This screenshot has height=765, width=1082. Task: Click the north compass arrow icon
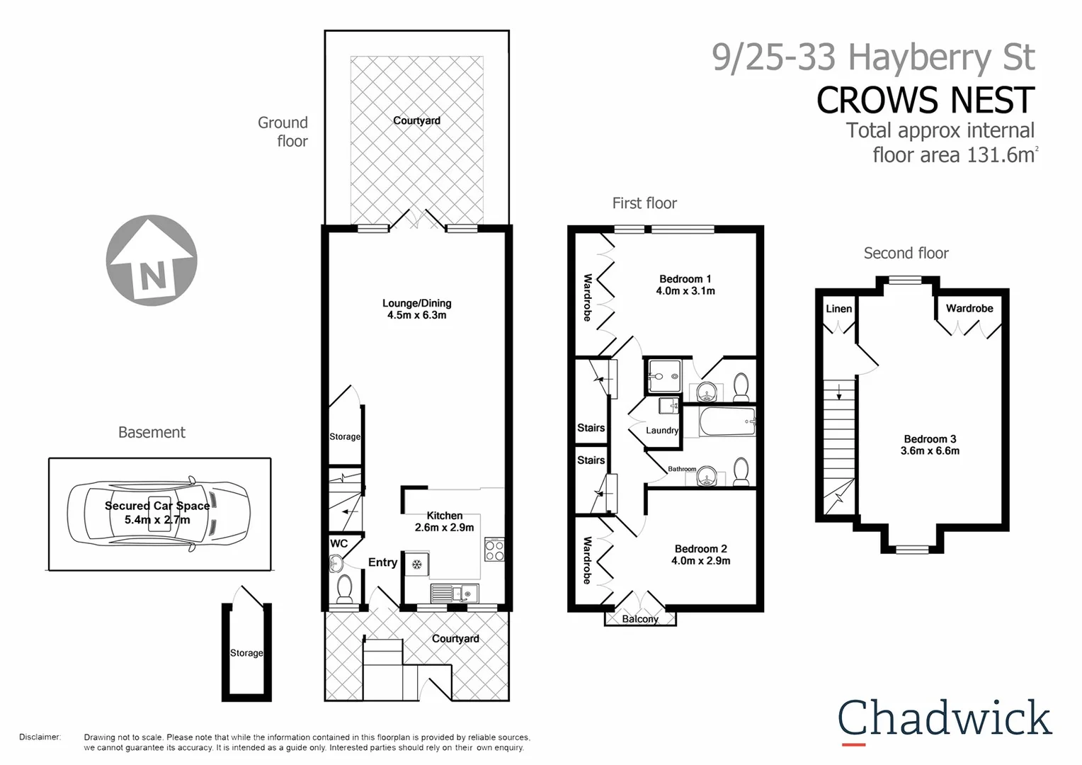(152, 261)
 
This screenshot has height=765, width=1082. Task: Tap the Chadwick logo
(945, 719)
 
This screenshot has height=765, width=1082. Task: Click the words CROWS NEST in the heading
(925, 100)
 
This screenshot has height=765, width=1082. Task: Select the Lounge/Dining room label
(416, 309)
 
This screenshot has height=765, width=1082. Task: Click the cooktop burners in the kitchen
(494, 550)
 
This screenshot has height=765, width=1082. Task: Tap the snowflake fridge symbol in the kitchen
(417, 565)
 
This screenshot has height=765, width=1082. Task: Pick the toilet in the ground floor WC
(345, 588)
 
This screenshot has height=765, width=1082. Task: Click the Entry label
(382, 562)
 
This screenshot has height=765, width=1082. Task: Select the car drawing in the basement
(158, 514)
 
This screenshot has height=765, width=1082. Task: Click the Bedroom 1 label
(685, 285)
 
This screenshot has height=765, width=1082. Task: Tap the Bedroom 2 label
(700, 554)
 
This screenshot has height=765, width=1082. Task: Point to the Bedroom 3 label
(930, 445)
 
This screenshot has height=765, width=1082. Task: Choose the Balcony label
(640, 619)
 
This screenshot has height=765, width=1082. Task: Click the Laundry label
(662, 430)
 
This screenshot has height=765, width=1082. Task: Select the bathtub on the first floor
(727, 422)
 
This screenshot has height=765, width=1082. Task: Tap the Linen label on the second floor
(838, 309)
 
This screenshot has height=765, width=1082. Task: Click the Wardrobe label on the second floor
(969, 308)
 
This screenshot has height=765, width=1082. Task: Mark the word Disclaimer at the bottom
(40, 737)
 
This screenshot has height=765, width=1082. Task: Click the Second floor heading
(906, 253)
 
